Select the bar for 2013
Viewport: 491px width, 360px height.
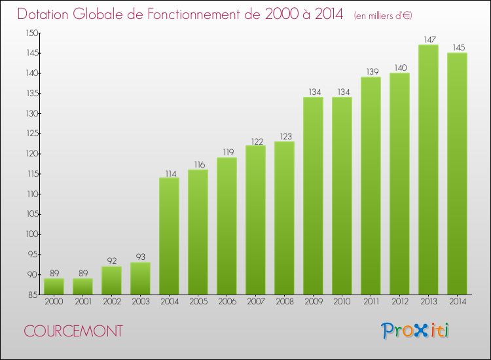428,170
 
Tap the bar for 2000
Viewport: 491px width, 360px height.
54,286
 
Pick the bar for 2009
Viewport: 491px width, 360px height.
313,196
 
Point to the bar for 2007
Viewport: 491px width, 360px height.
255,220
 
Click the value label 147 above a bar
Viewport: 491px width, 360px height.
428,39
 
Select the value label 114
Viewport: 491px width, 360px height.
169,173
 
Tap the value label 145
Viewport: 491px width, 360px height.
457,47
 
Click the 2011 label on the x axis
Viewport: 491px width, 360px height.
371,302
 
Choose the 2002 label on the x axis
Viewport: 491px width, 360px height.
111,302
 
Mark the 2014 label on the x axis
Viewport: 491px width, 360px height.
457,302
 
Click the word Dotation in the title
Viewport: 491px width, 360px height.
51,14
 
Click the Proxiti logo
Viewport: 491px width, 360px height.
415,331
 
